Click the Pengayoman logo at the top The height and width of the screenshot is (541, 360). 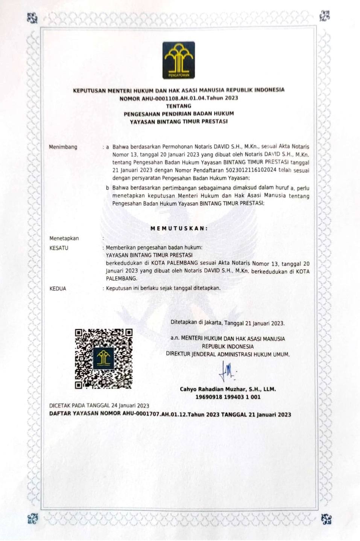(178, 60)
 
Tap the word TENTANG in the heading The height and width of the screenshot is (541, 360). (179, 106)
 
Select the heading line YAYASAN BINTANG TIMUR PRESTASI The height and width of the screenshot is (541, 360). (179, 122)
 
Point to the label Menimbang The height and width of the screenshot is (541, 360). (63, 147)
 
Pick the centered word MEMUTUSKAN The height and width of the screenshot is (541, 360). (179, 229)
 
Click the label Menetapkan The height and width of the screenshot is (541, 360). (64, 238)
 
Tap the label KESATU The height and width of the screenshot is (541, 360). (59, 248)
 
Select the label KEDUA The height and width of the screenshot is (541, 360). (58, 289)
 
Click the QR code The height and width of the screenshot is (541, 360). (103, 359)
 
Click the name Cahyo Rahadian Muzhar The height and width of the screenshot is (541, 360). (214, 389)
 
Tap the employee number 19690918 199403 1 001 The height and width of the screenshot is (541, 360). (228, 397)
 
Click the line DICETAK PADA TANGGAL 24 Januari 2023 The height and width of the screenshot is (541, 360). (99, 406)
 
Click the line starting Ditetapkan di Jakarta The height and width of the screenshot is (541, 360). (227, 323)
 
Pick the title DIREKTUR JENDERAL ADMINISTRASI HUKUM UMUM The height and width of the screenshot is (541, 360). (228, 354)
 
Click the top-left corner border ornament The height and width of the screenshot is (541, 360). (33, 17)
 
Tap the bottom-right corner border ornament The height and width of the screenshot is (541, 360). (326, 520)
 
